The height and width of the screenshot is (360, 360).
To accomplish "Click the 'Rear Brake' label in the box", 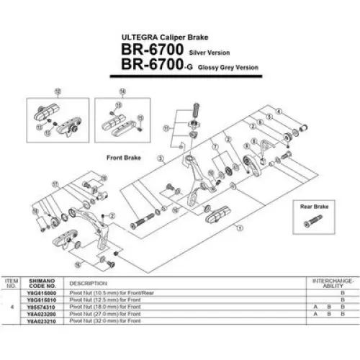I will [315, 206].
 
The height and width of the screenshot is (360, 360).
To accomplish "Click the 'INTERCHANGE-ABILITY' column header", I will [333, 282].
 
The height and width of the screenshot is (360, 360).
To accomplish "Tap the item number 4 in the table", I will [12, 307].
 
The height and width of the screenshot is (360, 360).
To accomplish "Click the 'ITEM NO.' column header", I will [12, 282].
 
